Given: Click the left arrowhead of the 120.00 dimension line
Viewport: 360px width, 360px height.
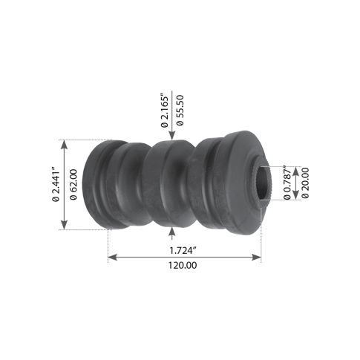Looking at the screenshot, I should (111, 258).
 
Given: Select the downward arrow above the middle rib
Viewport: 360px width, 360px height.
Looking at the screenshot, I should (172, 134).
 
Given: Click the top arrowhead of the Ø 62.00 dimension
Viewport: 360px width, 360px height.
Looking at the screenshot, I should (65, 143).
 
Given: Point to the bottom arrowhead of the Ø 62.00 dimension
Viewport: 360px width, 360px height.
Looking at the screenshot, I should (65, 226).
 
